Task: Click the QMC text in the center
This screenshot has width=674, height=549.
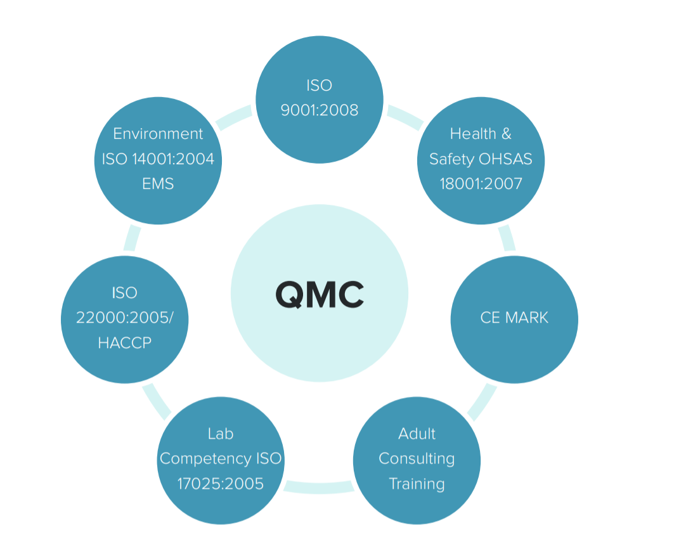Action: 320,295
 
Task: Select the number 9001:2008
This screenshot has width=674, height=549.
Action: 320,110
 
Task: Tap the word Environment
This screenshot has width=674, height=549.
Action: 158,134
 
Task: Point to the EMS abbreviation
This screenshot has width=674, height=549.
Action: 158,184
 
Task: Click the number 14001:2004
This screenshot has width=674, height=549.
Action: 173,159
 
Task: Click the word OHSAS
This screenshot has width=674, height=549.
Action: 505,159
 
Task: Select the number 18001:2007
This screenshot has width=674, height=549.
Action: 481,184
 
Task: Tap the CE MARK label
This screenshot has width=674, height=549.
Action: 514,318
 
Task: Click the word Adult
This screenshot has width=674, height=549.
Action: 417,434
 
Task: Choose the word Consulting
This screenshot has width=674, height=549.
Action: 417,459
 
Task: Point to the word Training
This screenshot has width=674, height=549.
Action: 417,484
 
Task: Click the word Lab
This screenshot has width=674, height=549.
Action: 221,434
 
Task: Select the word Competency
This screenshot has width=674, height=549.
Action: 205,459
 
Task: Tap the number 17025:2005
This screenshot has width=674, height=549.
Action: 221,484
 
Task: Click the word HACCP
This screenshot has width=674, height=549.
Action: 125,343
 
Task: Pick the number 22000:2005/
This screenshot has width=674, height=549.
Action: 125,318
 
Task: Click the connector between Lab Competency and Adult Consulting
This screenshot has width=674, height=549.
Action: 318,488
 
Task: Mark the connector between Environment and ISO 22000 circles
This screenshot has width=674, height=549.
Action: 132,238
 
